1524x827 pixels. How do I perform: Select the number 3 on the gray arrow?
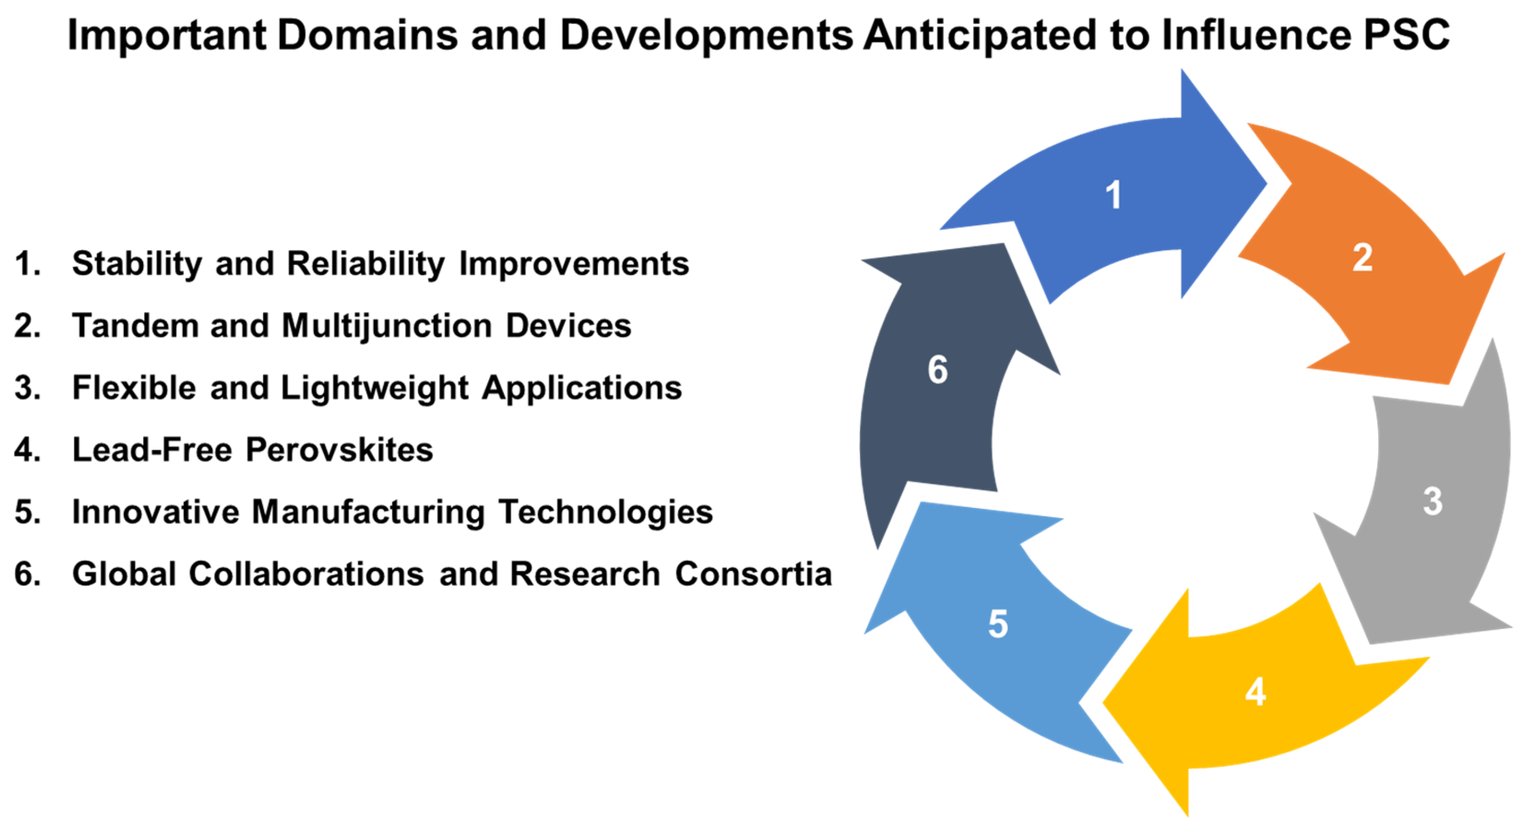pyautogui.click(x=1432, y=501)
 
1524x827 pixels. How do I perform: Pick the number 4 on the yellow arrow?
pyautogui.click(x=1256, y=691)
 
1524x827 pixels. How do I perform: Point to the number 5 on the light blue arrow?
pyautogui.click(x=998, y=624)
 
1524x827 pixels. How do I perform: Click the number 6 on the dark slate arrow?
pyautogui.click(x=938, y=370)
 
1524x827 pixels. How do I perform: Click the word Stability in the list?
pyautogui.click(x=136, y=264)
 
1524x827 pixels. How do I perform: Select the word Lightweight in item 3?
pyautogui.click(x=374, y=388)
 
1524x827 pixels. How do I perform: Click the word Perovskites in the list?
pyautogui.click(x=339, y=450)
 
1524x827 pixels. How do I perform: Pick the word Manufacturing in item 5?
pyautogui.click(x=368, y=512)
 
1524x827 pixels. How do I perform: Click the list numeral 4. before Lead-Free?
pyautogui.click(x=27, y=450)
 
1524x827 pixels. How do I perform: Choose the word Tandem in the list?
pyautogui.click(x=135, y=326)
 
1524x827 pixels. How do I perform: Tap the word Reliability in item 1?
pyautogui.click(x=366, y=264)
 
